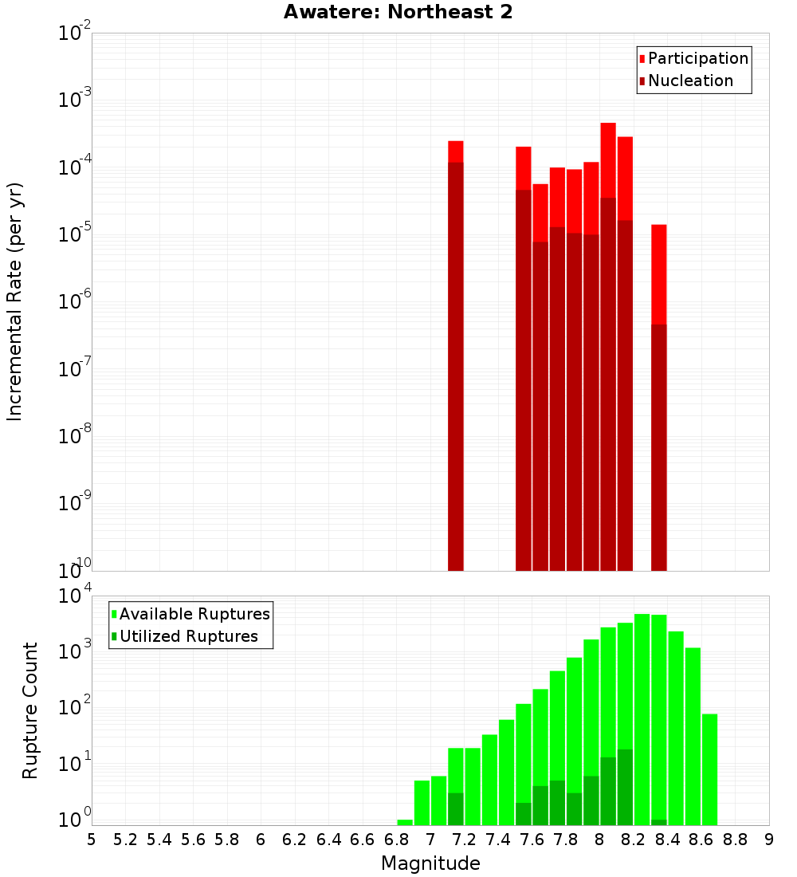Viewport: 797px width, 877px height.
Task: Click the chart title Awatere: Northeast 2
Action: pyautogui.click(x=398, y=12)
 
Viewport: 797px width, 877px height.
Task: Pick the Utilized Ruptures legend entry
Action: pyautogui.click(x=188, y=636)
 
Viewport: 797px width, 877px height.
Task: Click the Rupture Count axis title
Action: pyautogui.click(x=30, y=710)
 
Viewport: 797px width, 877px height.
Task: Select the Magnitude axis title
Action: pyautogui.click(x=430, y=863)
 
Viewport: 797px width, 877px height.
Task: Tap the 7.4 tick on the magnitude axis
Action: pyautogui.click(x=498, y=840)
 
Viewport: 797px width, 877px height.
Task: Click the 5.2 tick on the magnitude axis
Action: pyautogui.click(x=126, y=840)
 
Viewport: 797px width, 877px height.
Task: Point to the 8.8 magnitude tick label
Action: pyautogui.click(x=735, y=840)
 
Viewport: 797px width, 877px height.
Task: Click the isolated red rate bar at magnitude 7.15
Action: pyautogui.click(x=456, y=359)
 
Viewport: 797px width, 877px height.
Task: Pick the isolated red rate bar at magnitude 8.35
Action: pyautogui.click(x=659, y=399)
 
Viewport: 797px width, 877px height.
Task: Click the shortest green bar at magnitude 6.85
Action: pyautogui.click(x=405, y=822)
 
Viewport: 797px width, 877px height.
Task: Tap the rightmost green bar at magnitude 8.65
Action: pyautogui.click(x=709, y=769)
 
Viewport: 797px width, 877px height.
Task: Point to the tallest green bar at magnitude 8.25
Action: pyautogui.click(x=642, y=718)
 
